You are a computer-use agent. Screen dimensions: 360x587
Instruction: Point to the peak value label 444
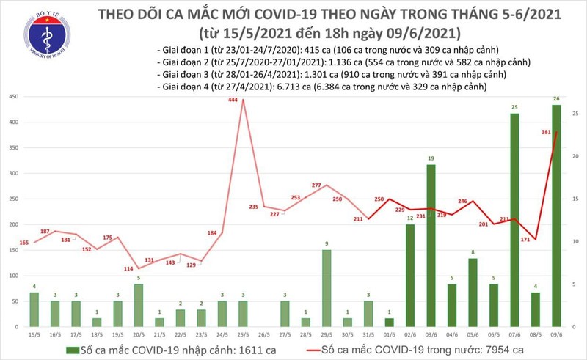(x=233, y=100)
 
